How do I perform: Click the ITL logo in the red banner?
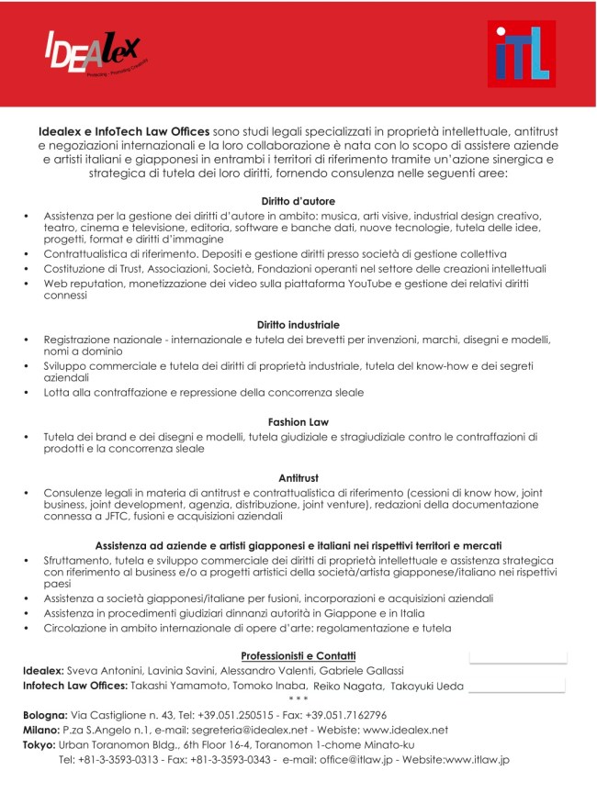(x=521, y=54)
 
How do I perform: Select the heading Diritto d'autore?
(x=298, y=201)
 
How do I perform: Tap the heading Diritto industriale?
(x=298, y=325)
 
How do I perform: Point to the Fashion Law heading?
(x=298, y=422)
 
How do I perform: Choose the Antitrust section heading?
(x=298, y=477)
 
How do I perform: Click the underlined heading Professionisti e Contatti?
(x=298, y=655)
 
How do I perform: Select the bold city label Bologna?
(x=45, y=715)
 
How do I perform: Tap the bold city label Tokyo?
(x=39, y=744)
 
